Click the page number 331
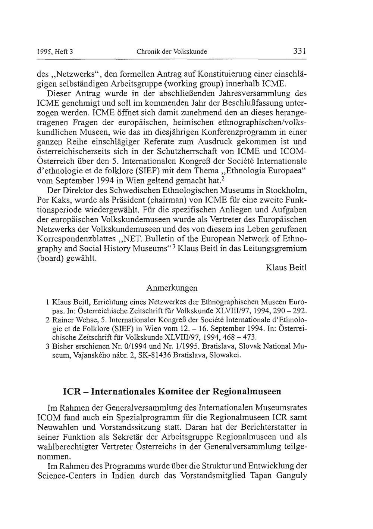coord(299,51)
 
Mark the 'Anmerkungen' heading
coord(172,288)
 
